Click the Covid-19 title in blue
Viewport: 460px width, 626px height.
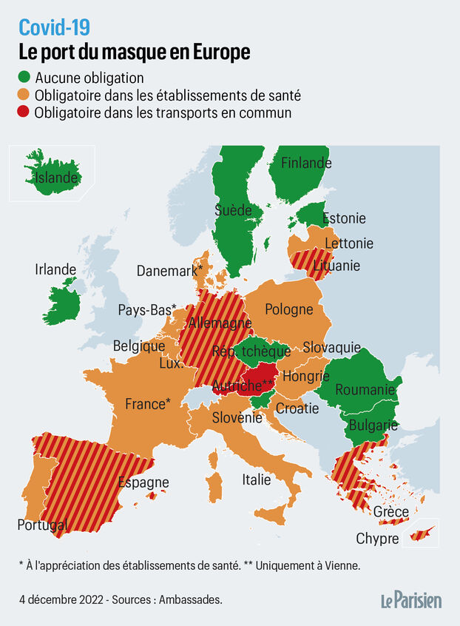54,27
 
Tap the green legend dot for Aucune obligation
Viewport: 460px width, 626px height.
25,78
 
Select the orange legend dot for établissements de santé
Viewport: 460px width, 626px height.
25,95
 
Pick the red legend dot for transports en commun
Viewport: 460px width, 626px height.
25,113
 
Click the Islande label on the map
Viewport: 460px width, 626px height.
56,178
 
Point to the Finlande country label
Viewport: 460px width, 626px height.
306,163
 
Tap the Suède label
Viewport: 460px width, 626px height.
234,209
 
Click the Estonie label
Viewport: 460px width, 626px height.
344,218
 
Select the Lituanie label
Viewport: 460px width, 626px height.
336,265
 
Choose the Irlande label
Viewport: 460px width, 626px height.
55,269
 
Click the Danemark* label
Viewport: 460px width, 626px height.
169,271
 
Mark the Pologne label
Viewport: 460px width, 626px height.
289,309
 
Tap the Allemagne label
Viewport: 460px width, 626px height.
220,323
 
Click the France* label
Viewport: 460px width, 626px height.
148,404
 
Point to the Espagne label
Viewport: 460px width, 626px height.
143,482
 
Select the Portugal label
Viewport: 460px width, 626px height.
43,525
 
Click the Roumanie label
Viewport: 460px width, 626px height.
365,389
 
